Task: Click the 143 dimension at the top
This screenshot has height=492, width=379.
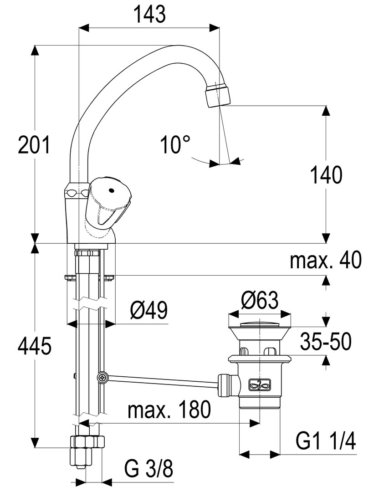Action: coord(149,15)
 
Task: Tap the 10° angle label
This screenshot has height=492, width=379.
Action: coord(175,145)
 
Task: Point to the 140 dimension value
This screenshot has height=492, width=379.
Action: coord(326,175)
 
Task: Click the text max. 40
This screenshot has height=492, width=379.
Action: coord(325,261)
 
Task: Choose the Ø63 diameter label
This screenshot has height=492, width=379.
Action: coord(259,300)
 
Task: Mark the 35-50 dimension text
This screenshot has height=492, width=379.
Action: coord(325,342)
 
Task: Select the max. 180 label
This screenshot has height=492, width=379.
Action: coord(169,410)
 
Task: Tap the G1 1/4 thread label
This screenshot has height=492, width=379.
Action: coord(325,441)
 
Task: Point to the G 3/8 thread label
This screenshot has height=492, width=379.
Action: coord(149,469)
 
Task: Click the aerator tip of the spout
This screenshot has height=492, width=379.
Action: coord(218,94)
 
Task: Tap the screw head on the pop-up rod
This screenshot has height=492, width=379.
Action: coord(102,377)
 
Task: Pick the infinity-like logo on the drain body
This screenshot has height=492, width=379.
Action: coord(260,385)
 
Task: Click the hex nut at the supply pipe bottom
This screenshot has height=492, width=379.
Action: coord(87,442)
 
